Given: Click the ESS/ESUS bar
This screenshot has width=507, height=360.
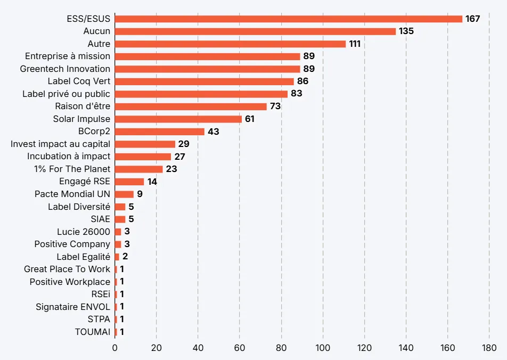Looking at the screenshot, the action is (x=289, y=19).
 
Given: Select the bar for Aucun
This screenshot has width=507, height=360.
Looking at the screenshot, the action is (x=255, y=31).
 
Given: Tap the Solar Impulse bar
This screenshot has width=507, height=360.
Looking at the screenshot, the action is (x=178, y=119).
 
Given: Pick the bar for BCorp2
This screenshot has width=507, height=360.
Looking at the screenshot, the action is (x=159, y=132).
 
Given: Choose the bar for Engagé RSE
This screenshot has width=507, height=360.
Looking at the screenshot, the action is (x=129, y=182).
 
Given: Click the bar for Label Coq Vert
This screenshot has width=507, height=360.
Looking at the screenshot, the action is (x=205, y=81).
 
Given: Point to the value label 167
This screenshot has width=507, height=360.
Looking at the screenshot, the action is (x=473, y=19).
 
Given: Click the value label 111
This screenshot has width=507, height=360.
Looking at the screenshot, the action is (x=355, y=44).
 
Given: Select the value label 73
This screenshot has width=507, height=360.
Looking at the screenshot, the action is (x=275, y=107).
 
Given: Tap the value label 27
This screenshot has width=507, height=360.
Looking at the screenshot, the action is (x=180, y=157).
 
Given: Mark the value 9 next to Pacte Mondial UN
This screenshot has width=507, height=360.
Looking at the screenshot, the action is (x=140, y=194).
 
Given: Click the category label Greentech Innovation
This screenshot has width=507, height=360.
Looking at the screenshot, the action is (x=65, y=69).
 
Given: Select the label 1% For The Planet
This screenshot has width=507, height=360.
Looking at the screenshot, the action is (x=72, y=169).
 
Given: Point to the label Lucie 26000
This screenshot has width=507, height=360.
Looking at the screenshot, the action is (x=84, y=232).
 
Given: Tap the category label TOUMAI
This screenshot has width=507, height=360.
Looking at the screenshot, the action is (x=93, y=332).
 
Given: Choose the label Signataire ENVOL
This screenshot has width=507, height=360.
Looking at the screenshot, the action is (x=73, y=307).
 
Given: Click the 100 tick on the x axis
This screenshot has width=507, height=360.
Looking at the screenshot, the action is (x=323, y=348).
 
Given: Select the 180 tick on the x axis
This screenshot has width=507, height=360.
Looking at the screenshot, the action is (x=489, y=348).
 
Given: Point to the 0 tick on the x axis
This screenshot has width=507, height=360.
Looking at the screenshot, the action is (x=115, y=348).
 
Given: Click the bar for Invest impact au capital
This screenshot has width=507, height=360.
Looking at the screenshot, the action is (x=145, y=144).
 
